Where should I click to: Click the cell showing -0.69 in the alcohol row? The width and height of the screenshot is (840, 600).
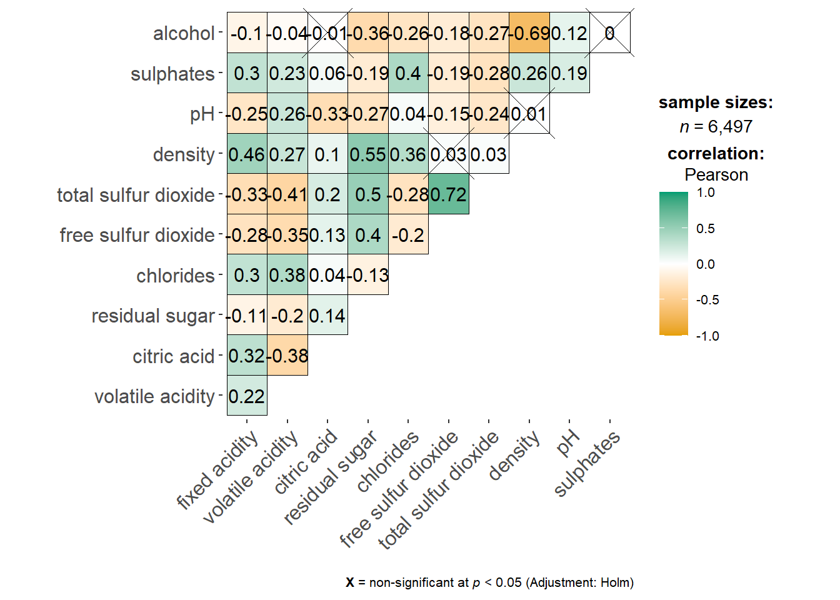coord(529,33)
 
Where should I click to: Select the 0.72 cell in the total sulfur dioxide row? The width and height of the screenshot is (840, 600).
coord(449,194)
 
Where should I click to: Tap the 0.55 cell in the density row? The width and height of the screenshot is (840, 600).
coord(368,154)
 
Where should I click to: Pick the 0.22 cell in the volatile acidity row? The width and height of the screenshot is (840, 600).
coord(247,396)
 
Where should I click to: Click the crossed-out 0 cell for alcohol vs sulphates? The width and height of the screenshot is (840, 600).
coord(610,33)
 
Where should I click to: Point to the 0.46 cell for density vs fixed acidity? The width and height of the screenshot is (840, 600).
coord(247,154)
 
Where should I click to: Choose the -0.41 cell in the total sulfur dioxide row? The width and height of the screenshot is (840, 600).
coord(287,194)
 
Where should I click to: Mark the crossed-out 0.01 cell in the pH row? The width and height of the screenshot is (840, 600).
coord(529,114)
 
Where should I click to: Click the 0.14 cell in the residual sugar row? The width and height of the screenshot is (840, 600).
coord(327,316)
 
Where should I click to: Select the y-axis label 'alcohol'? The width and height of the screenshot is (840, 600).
coord(184,33)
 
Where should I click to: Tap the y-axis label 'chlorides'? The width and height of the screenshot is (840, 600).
coord(176,276)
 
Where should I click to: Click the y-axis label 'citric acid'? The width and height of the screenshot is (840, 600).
coord(174,356)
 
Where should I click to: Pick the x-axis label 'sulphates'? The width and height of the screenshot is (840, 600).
coord(587,463)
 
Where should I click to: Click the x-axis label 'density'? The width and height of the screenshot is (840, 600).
coord(514,456)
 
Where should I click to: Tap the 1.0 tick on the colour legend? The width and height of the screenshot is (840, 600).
coord(706,192)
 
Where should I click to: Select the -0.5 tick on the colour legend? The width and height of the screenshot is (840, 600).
coord(707,300)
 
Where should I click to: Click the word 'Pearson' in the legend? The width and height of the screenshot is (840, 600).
coord(716,175)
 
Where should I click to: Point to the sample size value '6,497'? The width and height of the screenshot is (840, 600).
coord(730,127)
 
